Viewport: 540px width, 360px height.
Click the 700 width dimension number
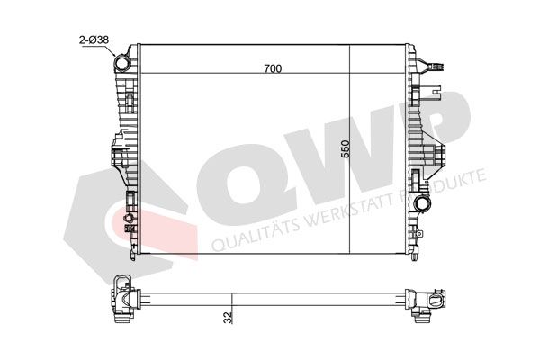[273, 69]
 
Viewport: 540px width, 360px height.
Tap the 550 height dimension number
[345, 148]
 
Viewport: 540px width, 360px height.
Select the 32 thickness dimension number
[228, 318]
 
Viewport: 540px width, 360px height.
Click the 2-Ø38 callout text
[94, 40]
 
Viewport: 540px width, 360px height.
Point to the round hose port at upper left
[121, 64]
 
